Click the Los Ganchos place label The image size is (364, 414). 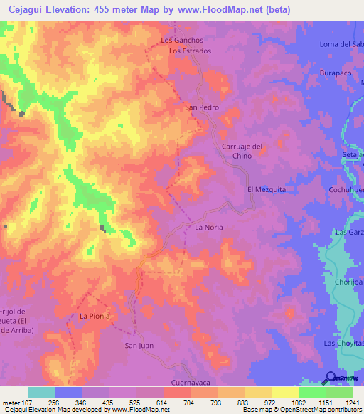[x=183, y=41]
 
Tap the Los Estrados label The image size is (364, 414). [x=190, y=51]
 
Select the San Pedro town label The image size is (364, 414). [x=201, y=107]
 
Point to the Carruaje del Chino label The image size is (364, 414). [x=242, y=151]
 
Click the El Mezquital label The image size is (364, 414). [x=267, y=190]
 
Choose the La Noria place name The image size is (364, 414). [x=209, y=228]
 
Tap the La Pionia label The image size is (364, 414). [x=94, y=316]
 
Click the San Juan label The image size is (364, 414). [x=139, y=346]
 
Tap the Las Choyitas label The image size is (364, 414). [x=343, y=344]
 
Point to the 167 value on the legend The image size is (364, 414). [x=28, y=402]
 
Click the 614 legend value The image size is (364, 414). [x=163, y=402]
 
